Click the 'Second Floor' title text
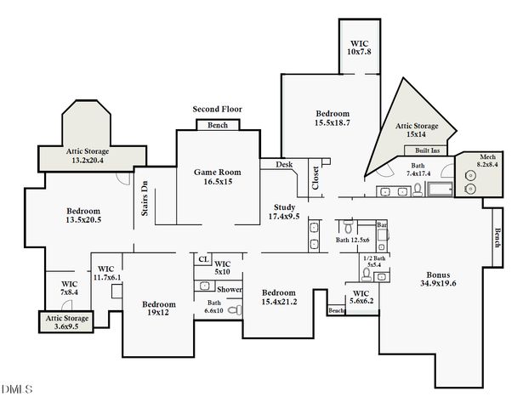[216, 110]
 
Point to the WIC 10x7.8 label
[361, 47]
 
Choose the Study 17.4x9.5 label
[284, 212]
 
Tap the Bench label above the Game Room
[217, 126]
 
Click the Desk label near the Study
[284, 164]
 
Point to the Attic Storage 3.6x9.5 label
[66, 323]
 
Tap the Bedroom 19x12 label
[159, 309]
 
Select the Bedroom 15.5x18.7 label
[333, 118]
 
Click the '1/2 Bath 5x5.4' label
[374, 261]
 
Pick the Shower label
[230, 290]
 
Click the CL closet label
[203, 259]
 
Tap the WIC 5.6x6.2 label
[361, 299]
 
